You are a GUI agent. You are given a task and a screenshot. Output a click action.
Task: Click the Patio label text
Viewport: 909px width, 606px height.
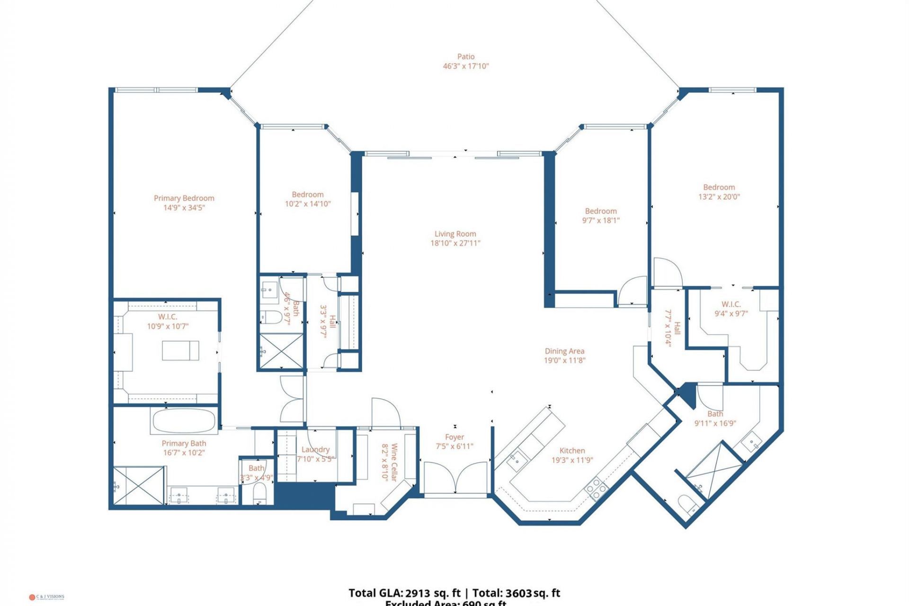click(466, 57)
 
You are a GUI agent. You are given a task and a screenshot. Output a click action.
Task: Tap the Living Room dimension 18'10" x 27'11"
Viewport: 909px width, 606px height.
click(455, 243)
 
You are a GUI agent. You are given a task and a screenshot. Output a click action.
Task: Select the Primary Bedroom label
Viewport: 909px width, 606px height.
click(184, 198)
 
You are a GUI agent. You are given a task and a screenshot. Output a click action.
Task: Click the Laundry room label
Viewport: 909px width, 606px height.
click(315, 449)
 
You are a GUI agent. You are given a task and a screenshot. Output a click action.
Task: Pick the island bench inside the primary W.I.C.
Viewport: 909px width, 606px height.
click(180, 350)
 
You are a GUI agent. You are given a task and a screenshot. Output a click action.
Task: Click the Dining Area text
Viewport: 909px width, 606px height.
click(564, 351)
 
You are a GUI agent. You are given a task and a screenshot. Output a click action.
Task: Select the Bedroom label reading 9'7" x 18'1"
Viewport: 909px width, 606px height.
click(601, 211)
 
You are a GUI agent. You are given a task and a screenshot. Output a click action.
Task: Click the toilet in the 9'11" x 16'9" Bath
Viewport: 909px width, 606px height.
click(687, 504)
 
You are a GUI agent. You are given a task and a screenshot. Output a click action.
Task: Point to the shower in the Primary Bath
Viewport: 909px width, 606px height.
click(139, 485)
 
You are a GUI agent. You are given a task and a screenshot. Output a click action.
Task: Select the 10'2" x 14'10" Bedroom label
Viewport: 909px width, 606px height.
click(308, 195)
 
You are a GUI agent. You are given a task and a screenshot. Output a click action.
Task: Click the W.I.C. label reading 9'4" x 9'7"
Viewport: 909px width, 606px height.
click(731, 304)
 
